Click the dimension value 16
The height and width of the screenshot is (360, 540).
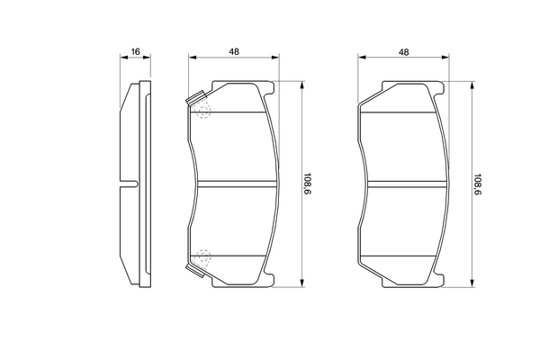pyautogui.click(x=134, y=52)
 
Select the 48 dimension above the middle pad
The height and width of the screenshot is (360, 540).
pyautogui.click(x=234, y=52)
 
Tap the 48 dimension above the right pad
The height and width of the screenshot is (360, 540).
pyautogui.click(x=404, y=52)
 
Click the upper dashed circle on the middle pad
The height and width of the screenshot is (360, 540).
pyautogui.click(x=202, y=112)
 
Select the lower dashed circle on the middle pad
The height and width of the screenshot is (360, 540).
pyautogui.click(x=202, y=257)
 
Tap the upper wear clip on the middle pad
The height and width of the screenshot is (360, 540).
pyautogui.click(x=193, y=102)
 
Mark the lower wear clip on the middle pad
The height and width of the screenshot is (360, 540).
pyautogui.click(x=193, y=268)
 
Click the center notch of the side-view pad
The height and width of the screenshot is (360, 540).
pyautogui.click(x=130, y=185)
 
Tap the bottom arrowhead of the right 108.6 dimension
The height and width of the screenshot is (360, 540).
pyautogui.click(x=466, y=285)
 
